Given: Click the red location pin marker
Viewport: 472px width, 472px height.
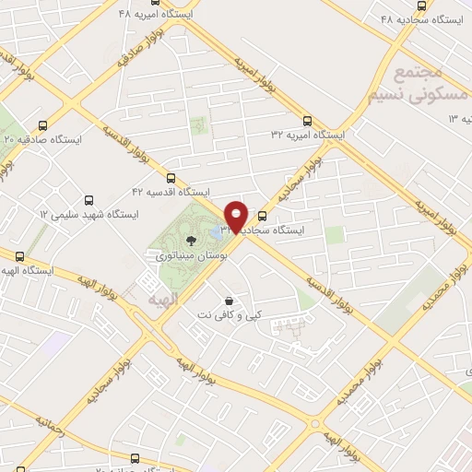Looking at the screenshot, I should [237, 216].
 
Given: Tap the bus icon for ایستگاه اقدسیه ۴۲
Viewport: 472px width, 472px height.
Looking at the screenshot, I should [171, 177].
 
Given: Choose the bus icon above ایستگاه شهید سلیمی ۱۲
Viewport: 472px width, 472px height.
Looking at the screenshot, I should [88, 199].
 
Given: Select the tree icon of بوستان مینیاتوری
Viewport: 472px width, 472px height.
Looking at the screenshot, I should [191, 242].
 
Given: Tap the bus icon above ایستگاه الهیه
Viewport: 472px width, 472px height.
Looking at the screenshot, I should [18, 255].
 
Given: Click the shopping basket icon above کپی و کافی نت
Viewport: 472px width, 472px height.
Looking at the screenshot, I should [228, 301].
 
